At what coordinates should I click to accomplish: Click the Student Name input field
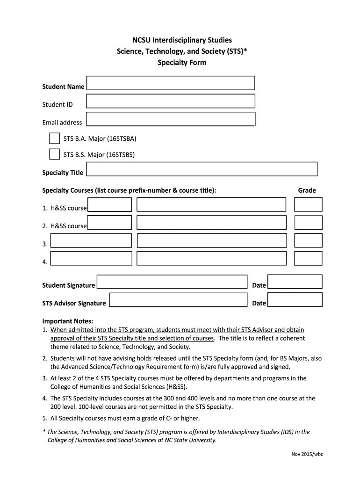coord(171,83)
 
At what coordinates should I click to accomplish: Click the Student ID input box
coord(171,101)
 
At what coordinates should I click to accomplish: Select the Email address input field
coord(171,119)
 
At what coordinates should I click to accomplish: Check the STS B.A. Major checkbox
coord(54,138)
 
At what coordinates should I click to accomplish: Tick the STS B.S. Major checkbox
coord(54,154)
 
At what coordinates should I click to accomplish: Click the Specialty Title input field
coord(202,169)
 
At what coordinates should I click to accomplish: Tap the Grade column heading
coord(307,190)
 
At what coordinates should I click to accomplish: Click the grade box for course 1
coord(308,204)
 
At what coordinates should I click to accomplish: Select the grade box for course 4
coord(308,258)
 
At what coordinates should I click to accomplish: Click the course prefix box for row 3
coord(91,240)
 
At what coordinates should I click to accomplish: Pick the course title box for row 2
coord(211,223)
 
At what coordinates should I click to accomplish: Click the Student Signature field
coord(172,283)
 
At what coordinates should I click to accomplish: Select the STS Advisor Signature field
coord(178,300)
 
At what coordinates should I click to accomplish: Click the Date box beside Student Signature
coord(295,282)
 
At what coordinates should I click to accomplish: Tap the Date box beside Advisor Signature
coord(295,300)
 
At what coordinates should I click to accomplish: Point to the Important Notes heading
coord(68,321)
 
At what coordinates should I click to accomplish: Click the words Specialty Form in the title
coord(181,62)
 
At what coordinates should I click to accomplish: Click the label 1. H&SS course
coord(65,208)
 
